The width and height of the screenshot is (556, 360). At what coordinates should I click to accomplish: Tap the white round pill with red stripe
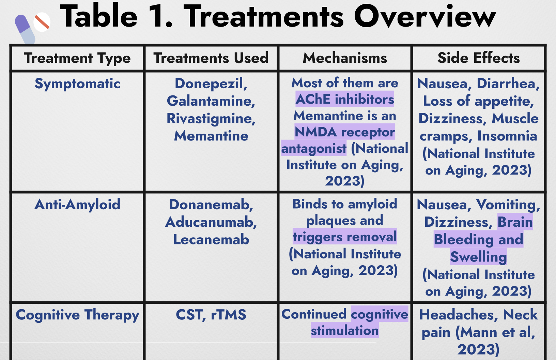pyautogui.click(x=42, y=22)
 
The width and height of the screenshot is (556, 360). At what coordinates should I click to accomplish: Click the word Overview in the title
pyautogui.click(x=425, y=16)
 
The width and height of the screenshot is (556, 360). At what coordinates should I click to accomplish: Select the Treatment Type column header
pyautogui.click(x=77, y=58)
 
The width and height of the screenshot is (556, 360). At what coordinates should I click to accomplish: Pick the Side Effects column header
pyautogui.click(x=479, y=58)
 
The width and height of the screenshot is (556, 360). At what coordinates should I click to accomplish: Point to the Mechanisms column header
pyautogui.click(x=345, y=58)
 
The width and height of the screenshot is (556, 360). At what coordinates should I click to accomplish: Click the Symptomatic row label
pyautogui.click(x=77, y=84)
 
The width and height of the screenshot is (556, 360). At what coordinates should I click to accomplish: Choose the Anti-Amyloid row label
pyautogui.click(x=77, y=205)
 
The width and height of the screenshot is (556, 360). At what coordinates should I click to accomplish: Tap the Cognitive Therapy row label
pyautogui.click(x=77, y=315)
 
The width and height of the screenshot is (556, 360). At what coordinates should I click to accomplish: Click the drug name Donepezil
pyautogui.click(x=211, y=84)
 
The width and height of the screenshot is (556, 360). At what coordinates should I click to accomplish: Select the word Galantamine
pyautogui.click(x=211, y=101)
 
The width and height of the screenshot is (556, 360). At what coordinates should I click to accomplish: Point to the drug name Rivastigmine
pyautogui.click(x=211, y=119)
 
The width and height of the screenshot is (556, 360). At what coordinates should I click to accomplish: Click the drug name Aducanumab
pyautogui.click(x=211, y=222)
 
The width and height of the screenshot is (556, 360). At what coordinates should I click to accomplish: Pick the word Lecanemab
pyautogui.click(x=211, y=240)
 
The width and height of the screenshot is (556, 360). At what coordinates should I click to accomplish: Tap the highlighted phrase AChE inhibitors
pyautogui.click(x=345, y=99)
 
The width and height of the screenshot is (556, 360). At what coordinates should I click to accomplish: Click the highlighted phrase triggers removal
pyautogui.click(x=345, y=237)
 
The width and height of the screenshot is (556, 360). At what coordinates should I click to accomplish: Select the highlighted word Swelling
pyautogui.click(x=479, y=257)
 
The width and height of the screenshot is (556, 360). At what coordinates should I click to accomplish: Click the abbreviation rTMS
pyautogui.click(x=229, y=315)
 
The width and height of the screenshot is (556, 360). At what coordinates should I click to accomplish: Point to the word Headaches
pyautogui.click(x=459, y=315)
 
